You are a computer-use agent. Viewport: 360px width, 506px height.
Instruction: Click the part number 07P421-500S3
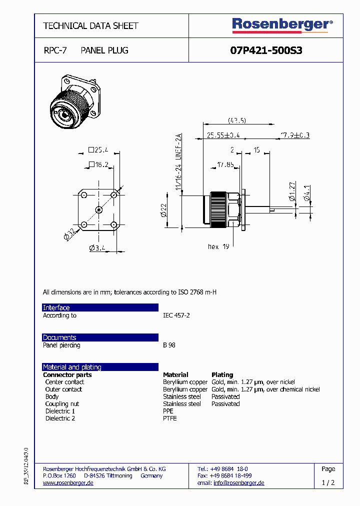(266, 50)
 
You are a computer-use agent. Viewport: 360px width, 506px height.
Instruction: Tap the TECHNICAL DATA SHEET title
(90, 25)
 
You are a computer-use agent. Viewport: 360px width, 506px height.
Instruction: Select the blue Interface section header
(100, 307)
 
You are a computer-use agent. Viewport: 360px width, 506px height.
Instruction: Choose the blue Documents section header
(100, 337)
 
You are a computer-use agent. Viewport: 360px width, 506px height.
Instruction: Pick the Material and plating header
(100, 367)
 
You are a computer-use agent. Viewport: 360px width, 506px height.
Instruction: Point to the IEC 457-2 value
(176, 315)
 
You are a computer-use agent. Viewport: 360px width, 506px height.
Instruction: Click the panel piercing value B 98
(169, 345)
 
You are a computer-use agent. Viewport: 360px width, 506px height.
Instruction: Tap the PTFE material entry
(170, 418)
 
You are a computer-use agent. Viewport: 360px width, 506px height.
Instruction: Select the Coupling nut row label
(62, 403)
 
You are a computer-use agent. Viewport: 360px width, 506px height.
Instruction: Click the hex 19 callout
(218, 246)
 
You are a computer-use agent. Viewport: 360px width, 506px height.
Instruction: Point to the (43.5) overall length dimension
(236, 120)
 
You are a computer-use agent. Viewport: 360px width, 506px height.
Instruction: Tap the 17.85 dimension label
(225, 163)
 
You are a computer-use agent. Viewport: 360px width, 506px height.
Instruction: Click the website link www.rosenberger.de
(68, 483)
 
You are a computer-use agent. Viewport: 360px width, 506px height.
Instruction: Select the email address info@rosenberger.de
(238, 483)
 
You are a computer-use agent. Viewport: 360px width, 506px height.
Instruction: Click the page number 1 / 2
(328, 483)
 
